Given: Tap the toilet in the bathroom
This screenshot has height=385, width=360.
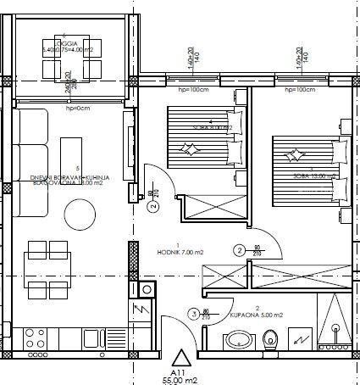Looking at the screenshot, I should click(x=272, y=341).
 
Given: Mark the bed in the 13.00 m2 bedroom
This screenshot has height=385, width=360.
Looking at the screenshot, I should click(x=306, y=170).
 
